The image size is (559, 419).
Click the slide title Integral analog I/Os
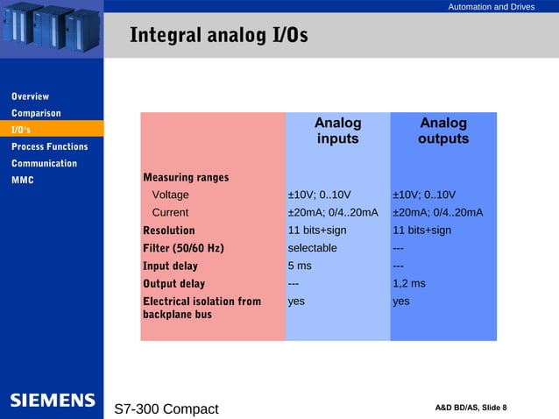[x=218, y=36]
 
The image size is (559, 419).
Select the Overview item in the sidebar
[x=30, y=96]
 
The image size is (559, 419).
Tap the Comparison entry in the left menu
[x=36, y=113]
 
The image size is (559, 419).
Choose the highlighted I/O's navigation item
[x=22, y=130]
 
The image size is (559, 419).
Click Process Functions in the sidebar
[x=49, y=146]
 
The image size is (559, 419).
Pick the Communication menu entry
[x=44, y=163]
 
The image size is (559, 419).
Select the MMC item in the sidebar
[x=22, y=181]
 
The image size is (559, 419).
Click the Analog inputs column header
[x=337, y=131]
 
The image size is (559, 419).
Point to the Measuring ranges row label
[x=186, y=177]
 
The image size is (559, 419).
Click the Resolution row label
[x=169, y=231]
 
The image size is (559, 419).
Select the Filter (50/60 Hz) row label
[x=183, y=248]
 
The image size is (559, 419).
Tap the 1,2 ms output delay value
[x=408, y=283]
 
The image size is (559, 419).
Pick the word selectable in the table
[x=312, y=248]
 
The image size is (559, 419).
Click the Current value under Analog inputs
[x=333, y=212]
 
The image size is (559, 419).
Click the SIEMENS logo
[x=52, y=401]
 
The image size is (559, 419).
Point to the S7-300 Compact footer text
[x=166, y=409]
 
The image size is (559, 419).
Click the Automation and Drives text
[x=491, y=7]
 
